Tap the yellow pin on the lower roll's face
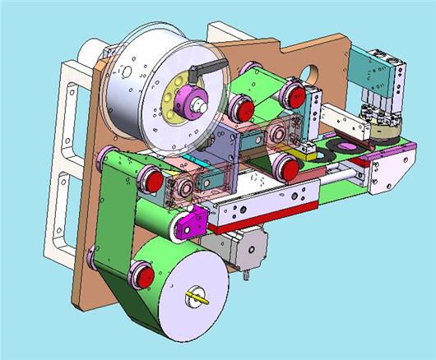[198, 297]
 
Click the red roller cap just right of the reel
[241, 106]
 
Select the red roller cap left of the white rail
[151, 178]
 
